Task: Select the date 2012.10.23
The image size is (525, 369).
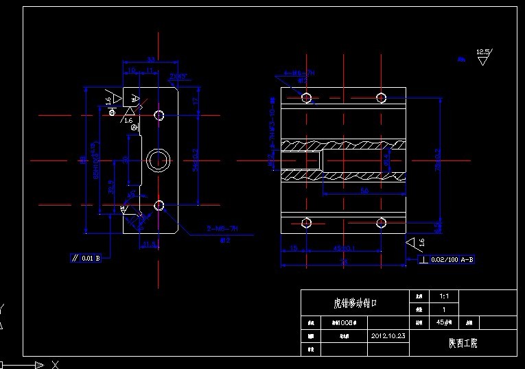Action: (x=388, y=336)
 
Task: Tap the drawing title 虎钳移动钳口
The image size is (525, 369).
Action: (x=355, y=302)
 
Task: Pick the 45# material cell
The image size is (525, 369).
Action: (x=443, y=322)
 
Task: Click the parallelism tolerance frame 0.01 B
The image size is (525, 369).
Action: (x=87, y=259)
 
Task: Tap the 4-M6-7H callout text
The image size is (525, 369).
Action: (x=300, y=73)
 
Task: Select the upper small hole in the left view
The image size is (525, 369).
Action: (x=159, y=115)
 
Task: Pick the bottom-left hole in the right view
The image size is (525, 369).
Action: (x=307, y=222)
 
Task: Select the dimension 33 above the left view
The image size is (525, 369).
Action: (x=150, y=60)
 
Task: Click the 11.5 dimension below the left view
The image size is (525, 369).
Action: (x=149, y=243)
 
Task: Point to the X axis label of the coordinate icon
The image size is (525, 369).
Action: (x=56, y=364)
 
